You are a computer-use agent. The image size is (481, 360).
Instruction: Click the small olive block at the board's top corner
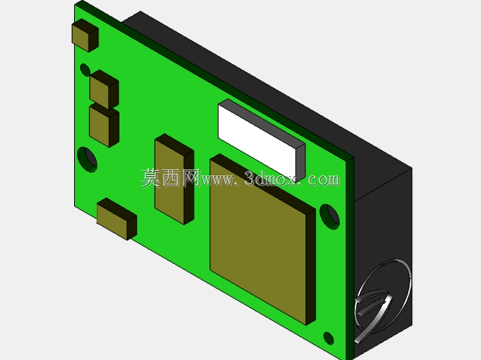(x=85, y=36)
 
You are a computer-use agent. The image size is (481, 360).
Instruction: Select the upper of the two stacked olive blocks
(x=104, y=89)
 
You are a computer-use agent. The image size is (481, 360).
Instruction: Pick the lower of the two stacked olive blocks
(x=104, y=125)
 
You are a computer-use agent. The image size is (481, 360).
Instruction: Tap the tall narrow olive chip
(x=174, y=178)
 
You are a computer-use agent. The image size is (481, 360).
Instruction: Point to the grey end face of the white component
(x=301, y=162)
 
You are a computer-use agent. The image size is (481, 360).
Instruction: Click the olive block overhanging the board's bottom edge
(x=116, y=219)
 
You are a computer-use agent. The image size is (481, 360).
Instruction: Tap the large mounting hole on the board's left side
(x=87, y=160)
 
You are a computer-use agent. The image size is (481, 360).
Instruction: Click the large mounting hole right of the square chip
(x=330, y=217)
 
